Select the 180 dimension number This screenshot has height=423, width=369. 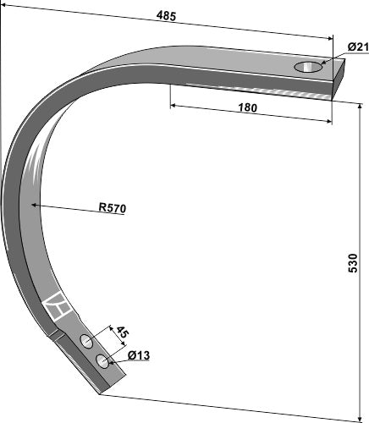(247, 107)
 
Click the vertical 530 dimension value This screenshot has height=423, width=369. (353, 262)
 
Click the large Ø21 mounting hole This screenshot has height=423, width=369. (308, 67)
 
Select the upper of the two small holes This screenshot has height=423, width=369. (86, 341)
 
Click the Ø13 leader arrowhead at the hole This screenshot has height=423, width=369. (109, 360)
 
